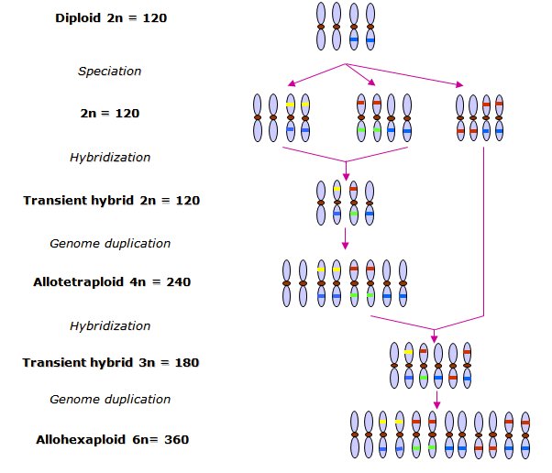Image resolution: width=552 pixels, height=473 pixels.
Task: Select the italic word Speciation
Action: point(109,71)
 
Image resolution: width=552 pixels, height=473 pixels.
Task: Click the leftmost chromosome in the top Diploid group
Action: point(321,26)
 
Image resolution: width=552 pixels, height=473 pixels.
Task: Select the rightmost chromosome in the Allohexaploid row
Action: point(525,434)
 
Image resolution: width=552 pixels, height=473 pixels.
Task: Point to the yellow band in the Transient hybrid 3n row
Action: point(408,351)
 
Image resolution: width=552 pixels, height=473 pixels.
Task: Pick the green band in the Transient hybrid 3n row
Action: point(424,377)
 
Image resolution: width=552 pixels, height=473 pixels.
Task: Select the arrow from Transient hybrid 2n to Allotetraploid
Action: point(346,237)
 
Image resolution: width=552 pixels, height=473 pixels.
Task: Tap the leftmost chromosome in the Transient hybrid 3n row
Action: point(394,364)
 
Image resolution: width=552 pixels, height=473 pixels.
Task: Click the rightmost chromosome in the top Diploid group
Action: point(370,26)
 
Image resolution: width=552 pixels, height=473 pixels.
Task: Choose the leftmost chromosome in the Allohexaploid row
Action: point(355,434)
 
